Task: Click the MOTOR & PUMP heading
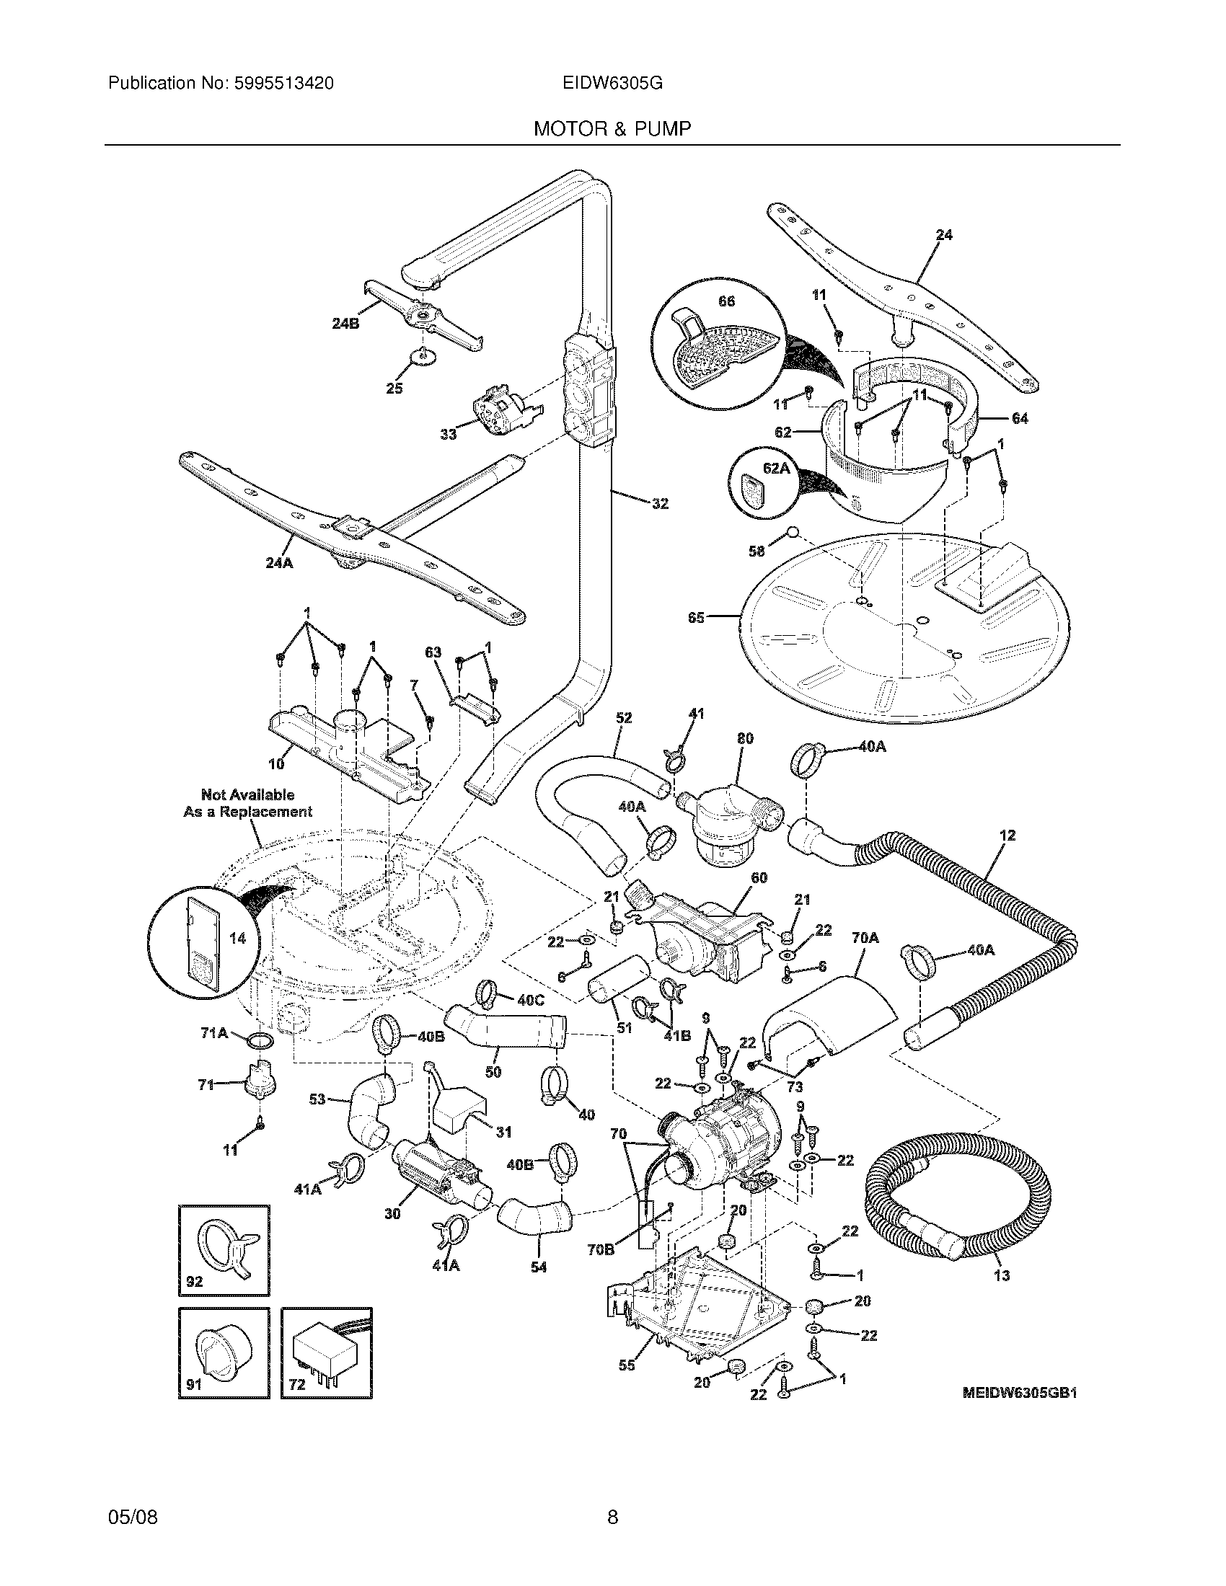(x=612, y=129)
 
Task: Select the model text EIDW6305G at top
(x=612, y=84)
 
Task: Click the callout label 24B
(x=345, y=324)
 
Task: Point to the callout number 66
(x=726, y=301)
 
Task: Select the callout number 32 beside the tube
(x=659, y=503)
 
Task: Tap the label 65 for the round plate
(x=696, y=619)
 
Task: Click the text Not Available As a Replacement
(x=247, y=803)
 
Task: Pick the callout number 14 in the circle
(x=237, y=938)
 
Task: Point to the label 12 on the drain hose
(x=1007, y=836)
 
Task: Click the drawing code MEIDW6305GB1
(x=1020, y=1393)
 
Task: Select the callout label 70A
(x=864, y=938)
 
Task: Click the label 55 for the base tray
(x=627, y=1366)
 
